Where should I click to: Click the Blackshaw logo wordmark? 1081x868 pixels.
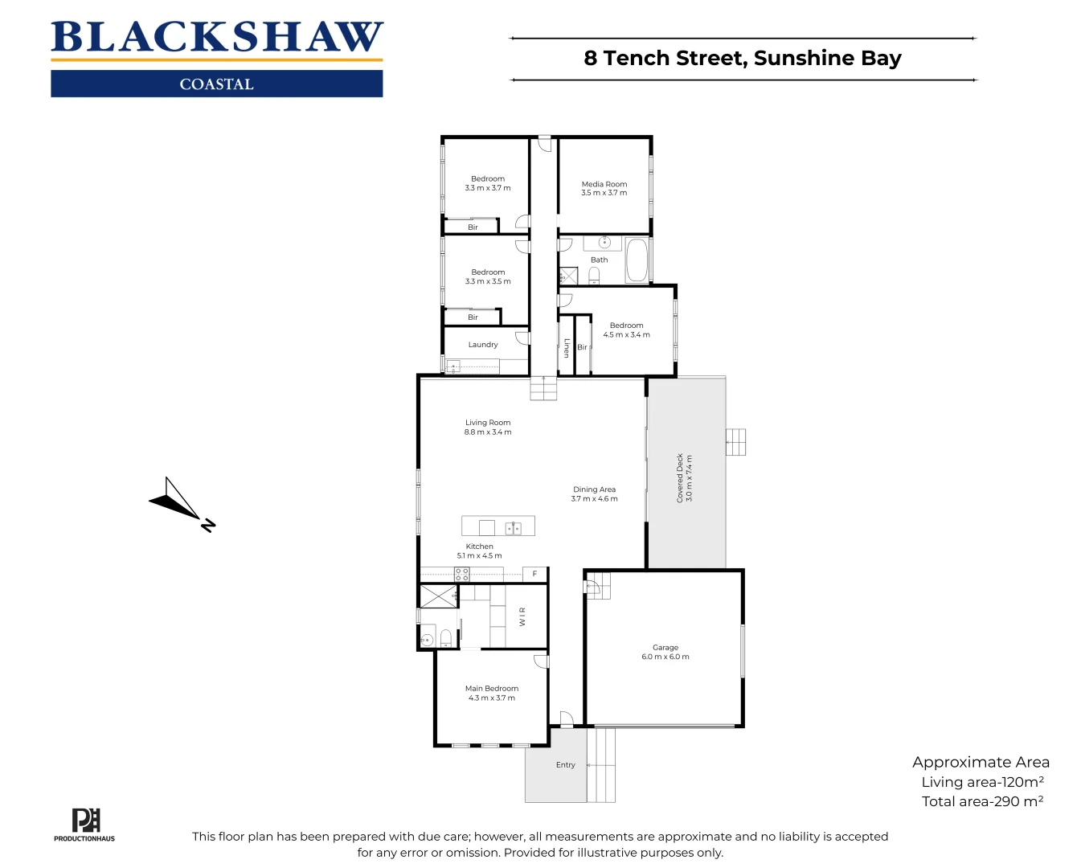point(217,38)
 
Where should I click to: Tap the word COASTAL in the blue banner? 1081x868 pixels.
point(216,84)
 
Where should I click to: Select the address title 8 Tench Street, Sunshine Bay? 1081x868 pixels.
point(742,59)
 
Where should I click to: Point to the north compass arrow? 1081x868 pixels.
point(180,504)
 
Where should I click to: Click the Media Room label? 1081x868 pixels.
point(604,184)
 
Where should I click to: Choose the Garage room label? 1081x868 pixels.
point(665,647)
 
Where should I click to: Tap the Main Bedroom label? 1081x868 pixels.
point(491,688)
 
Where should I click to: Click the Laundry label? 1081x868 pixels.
point(483,345)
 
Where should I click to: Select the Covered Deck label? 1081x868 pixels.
point(680,477)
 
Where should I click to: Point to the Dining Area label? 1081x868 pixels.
point(594,489)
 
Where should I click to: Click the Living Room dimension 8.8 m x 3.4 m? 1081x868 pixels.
point(487,432)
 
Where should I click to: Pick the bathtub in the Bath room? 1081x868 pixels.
point(637,260)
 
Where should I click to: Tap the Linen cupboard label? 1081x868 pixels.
point(567,347)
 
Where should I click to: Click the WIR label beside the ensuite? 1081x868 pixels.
point(522,616)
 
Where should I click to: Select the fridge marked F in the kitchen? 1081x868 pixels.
point(534,574)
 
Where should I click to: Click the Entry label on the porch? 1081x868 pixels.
point(565,765)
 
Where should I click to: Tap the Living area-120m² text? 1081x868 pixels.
point(982,782)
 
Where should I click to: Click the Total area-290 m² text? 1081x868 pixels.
point(982,801)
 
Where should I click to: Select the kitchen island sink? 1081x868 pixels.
point(513,528)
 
